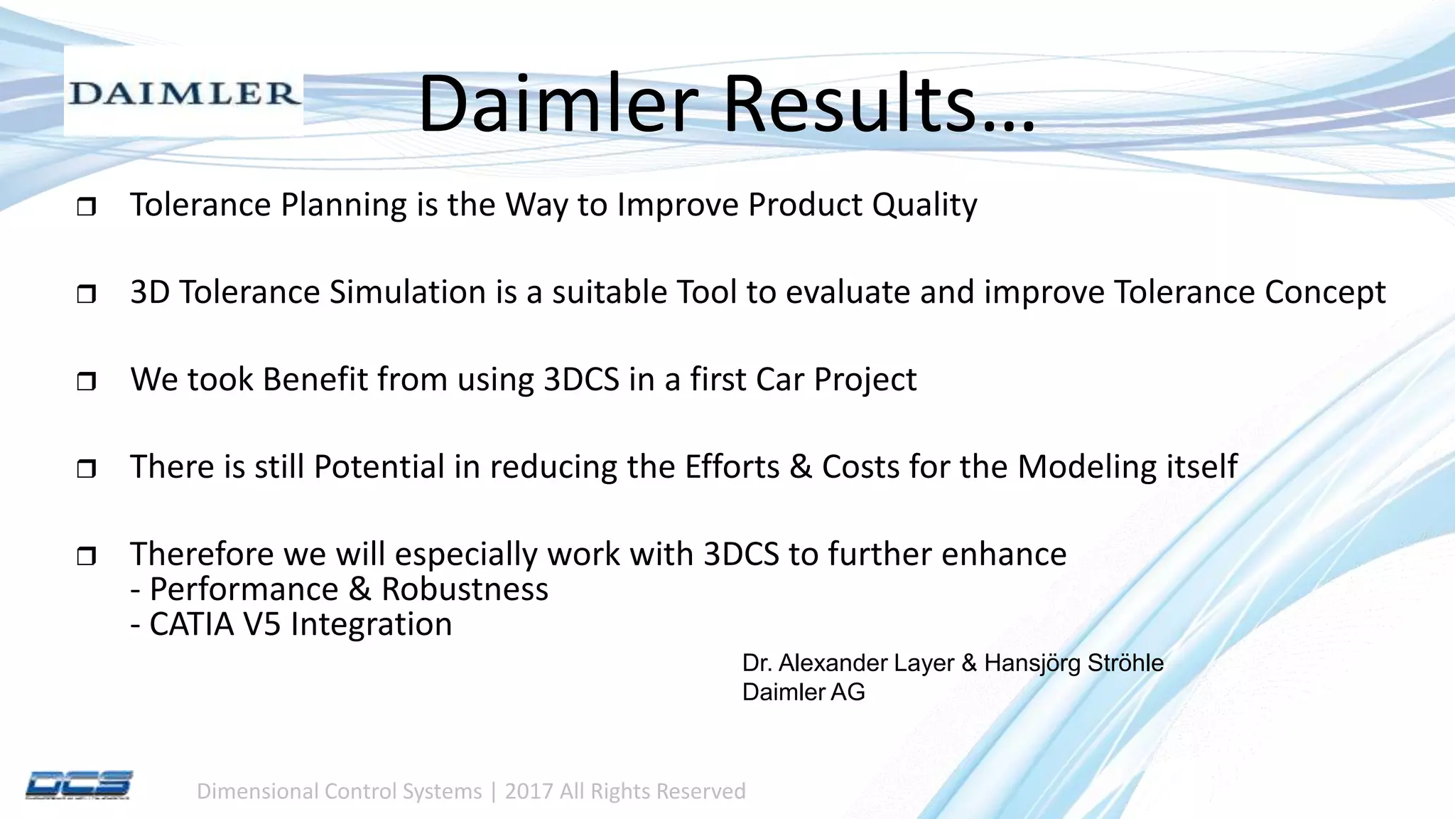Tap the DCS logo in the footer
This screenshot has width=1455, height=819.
(79, 785)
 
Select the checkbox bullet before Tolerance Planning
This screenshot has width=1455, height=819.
(86, 208)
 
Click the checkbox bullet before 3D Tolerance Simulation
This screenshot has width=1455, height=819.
(86, 294)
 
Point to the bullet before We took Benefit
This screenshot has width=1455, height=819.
(86, 382)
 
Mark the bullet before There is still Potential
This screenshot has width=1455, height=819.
(86, 469)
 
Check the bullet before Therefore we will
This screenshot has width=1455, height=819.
(86, 556)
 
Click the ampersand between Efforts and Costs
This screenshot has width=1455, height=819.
(800, 467)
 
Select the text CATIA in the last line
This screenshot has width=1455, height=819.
(191, 624)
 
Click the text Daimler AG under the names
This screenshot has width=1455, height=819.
(803, 692)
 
